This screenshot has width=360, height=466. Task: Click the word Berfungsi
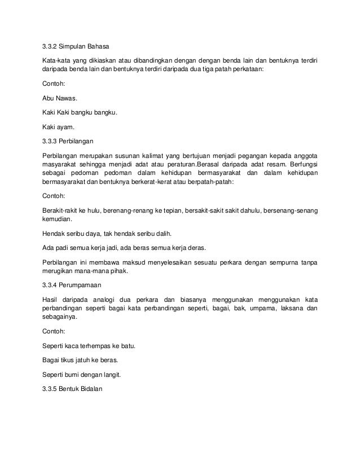(x=302, y=164)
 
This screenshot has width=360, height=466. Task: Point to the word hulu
(x=93, y=210)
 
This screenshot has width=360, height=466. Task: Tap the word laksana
(x=286, y=308)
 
